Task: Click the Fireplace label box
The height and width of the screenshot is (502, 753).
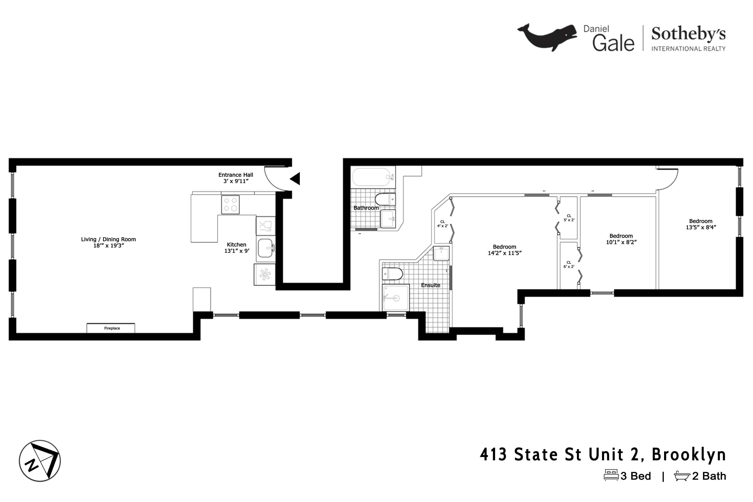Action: pos(111,328)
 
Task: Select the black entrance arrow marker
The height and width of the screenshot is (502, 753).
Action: pos(295,179)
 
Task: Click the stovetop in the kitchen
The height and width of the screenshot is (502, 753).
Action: pos(230,205)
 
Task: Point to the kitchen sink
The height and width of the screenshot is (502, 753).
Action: pos(265,248)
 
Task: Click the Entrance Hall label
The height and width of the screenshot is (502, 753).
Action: pos(236,175)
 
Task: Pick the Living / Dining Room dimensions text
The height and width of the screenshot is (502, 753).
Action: pos(108,245)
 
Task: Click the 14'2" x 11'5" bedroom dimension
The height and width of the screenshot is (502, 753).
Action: pos(505,253)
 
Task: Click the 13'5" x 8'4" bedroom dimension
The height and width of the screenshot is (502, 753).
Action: pos(701,227)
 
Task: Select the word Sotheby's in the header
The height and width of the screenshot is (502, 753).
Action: pos(688,34)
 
